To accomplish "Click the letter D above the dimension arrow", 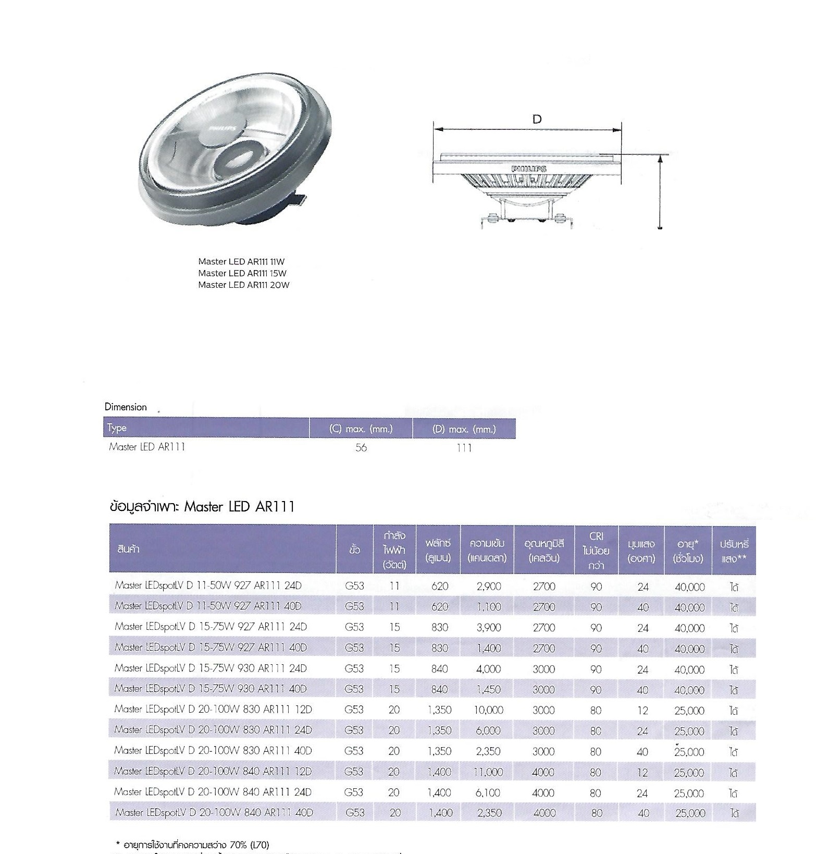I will pos(537,119).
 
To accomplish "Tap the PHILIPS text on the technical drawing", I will pos(529,169).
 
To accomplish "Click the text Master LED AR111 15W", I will pos(242,273).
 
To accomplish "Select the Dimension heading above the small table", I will pos(126,407).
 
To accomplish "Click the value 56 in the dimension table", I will pos(361,448).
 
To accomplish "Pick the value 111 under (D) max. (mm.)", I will pos(464,448).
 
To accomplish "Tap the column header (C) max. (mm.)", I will pos(361,429).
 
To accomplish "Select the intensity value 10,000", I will pos(488,710).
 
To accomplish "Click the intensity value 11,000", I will pos(488,772).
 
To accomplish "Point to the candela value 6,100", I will pos(488,793).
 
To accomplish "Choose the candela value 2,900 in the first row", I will pos(488,587).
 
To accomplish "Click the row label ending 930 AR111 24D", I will pos(211,668).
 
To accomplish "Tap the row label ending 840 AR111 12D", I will pos(213,772).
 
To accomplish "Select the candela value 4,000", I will pos(488,669).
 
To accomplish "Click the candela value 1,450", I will pos(488,690).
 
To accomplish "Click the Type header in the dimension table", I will pos(117,428).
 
